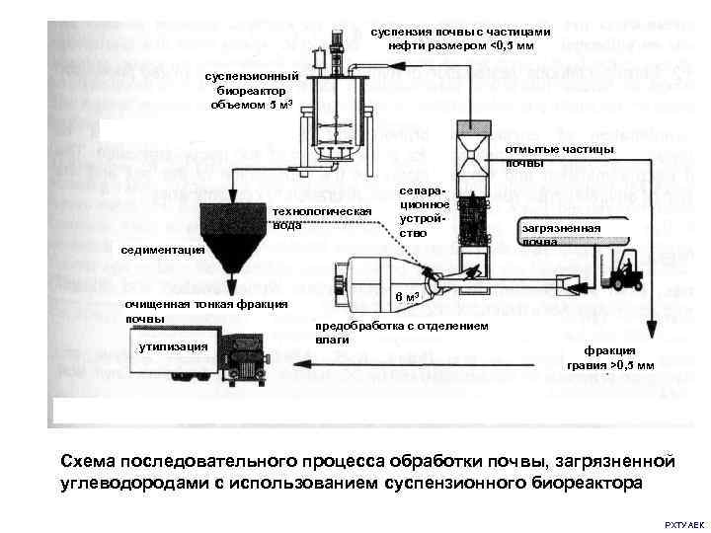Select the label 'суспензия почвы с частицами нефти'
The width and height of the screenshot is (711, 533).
coord(460,38)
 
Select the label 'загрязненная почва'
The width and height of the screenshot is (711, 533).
coord(561,234)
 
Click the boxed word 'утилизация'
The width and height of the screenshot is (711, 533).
coord(173,346)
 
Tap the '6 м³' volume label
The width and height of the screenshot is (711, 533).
coord(408,297)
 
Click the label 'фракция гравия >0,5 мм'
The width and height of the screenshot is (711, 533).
coord(608,357)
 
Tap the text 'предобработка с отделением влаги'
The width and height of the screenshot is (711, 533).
coord(399,332)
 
